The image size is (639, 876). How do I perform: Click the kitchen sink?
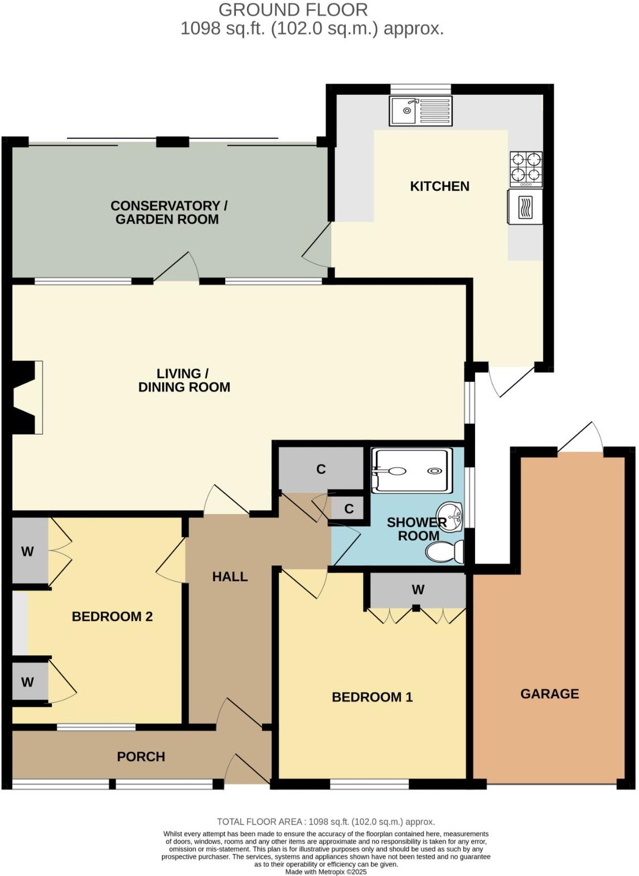[421, 110]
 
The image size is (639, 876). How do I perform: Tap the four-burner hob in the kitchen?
[526, 169]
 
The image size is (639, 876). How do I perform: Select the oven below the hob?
[525, 207]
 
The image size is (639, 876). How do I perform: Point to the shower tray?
[412, 471]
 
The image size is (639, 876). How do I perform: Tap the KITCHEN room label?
[439, 186]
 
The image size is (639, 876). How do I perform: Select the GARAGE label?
[549, 694]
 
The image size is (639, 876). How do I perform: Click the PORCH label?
[141, 757]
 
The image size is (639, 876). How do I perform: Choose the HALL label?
[230, 577]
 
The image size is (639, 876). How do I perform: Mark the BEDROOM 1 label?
[372, 697]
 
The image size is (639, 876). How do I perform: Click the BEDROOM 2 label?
[112, 617]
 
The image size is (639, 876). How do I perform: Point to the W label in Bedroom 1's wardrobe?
[418, 589]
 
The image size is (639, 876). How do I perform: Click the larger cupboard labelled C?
[321, 470]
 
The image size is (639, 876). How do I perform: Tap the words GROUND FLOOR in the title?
[293, 9]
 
